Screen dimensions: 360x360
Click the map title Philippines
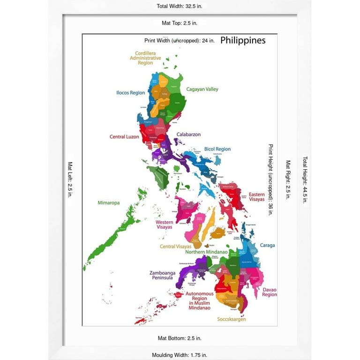pos(243,40)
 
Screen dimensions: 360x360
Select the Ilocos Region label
pos(130,93)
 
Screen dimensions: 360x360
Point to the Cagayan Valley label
pos(202,89)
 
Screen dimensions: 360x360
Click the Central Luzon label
pos(124,137)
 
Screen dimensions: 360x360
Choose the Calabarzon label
pos(188,135)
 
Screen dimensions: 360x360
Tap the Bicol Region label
pos(217,149)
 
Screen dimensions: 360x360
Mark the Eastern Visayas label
pos(256,197)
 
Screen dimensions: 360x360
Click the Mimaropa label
pos(109,203)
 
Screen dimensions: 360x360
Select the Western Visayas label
pos(164,225)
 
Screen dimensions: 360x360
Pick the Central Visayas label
pos(174,247)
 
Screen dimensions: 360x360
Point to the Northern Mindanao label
pos(206,252)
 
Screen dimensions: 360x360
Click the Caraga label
pos(267,245)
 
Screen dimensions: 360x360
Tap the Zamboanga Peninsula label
pos(161,275)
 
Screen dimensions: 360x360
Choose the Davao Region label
pos(270,292)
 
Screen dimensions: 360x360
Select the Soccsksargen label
pos(232,320)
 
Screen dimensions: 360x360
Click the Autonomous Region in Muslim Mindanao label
pos(199,301)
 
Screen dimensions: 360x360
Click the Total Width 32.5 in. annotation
pos(180,6)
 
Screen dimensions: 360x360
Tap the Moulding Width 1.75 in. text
pos(180,355)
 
